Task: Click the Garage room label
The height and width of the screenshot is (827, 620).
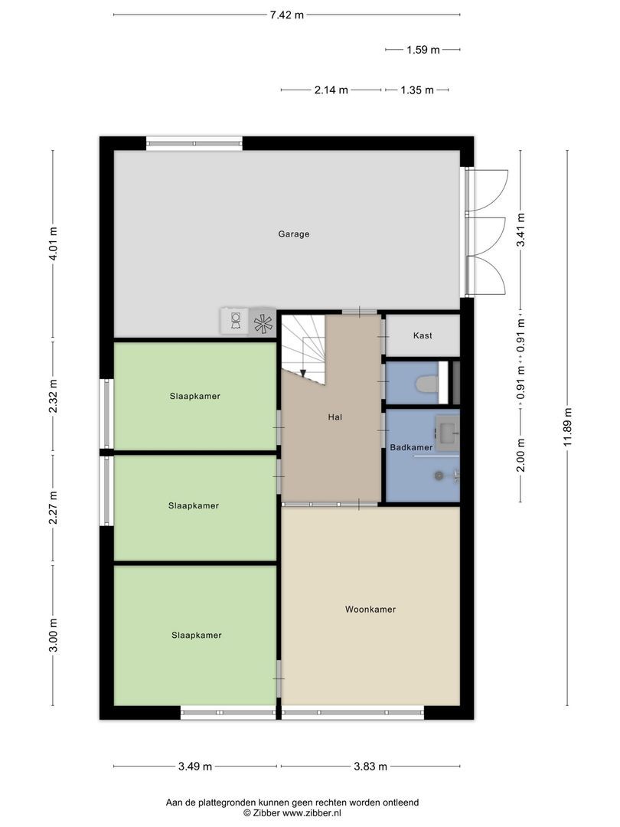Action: [293, 234]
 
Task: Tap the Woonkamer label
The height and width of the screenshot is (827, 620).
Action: [370, 610]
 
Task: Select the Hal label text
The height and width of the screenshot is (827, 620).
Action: [334, 417]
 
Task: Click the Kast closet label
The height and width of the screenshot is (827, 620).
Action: [423, 336]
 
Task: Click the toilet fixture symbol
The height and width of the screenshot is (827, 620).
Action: [426, 383]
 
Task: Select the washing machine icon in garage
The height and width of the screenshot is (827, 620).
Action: [235, 321]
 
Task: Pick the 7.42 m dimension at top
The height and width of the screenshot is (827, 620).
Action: [286, 15]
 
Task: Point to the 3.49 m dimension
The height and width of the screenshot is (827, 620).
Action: [194, 766]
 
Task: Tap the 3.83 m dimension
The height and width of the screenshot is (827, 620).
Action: [370, 766]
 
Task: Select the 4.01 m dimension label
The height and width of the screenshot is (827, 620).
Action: [53, 244]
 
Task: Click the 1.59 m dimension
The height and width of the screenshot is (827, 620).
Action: [423, 50]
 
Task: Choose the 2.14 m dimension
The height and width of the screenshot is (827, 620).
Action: [331, 90]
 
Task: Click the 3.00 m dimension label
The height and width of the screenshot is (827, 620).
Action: [53, 636]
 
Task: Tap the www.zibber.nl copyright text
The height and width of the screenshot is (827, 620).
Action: [292, 812]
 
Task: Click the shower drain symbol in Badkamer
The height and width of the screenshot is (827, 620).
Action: [439, 476]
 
